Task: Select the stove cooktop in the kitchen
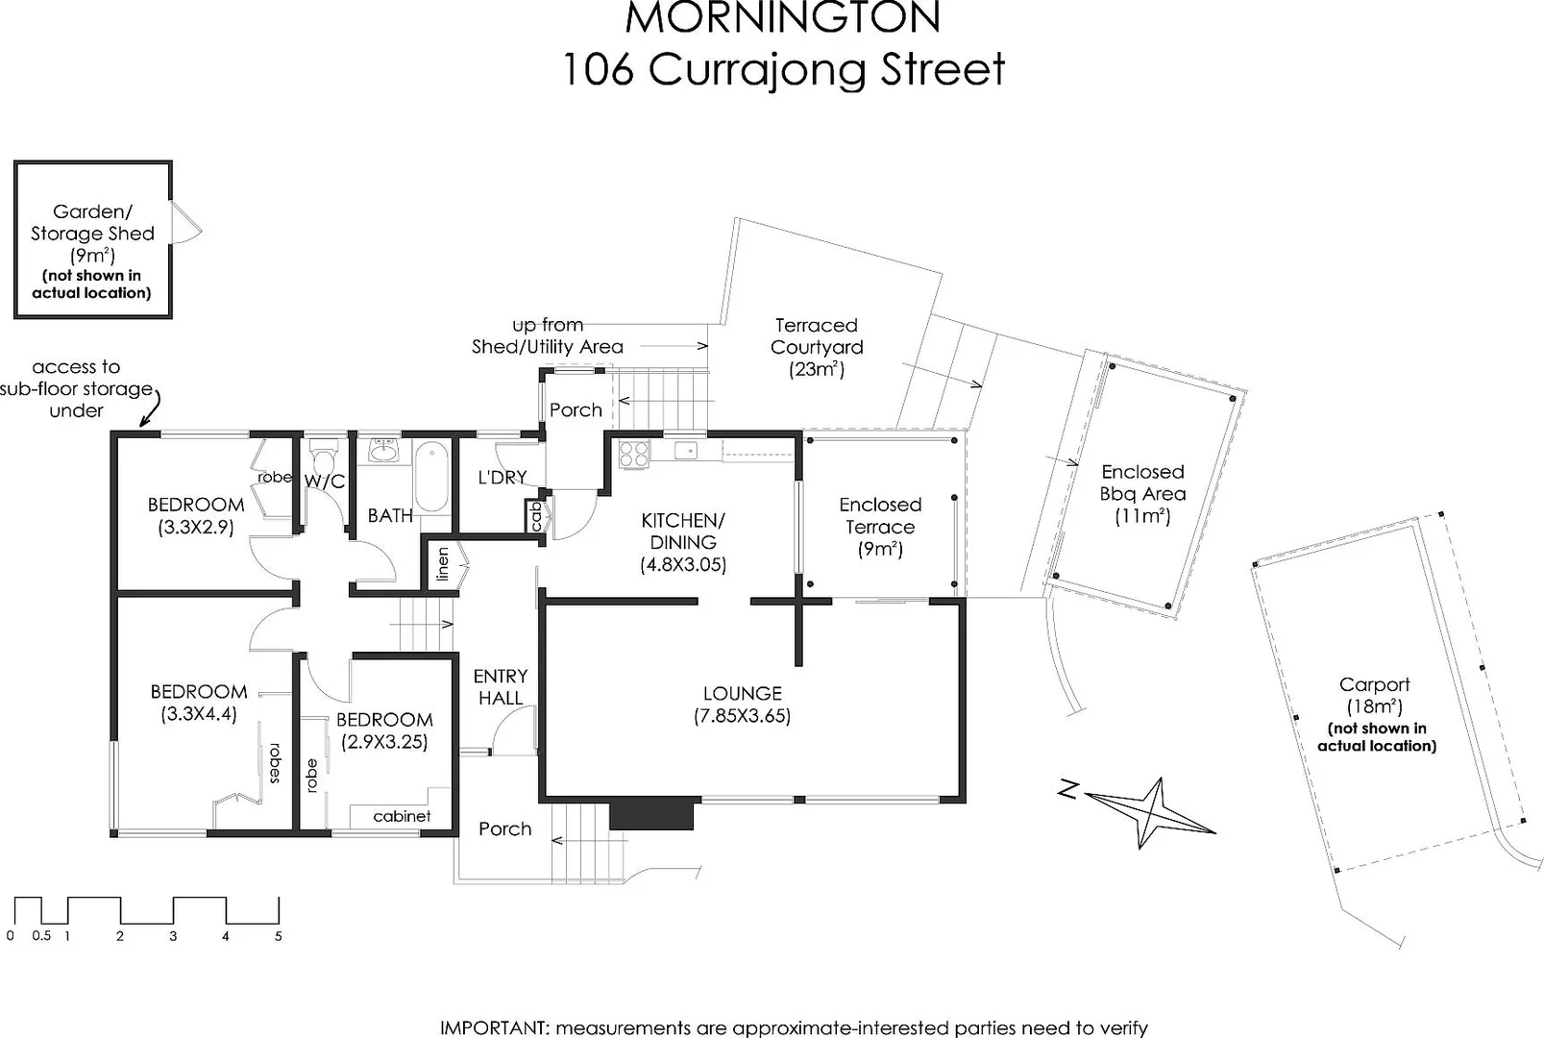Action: [x=634, y=454]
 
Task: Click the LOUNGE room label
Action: [x=742, y=693]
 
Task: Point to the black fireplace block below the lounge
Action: [x=651, y=814]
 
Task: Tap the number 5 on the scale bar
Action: [x=279, y=936]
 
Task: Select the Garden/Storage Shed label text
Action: [x=92, y=222]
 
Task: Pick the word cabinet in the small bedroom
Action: [x=402, y=816]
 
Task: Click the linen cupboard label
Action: [x=443, y=563]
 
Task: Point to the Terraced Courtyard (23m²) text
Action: [x=817, y=347]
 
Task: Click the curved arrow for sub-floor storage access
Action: [x=151, y=408]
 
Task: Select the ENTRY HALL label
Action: [x=500, y=687]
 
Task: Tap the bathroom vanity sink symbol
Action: [x=384, y=450]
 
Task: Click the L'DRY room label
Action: [x=502, y=477]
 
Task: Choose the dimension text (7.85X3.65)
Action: [x=742, y=716]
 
